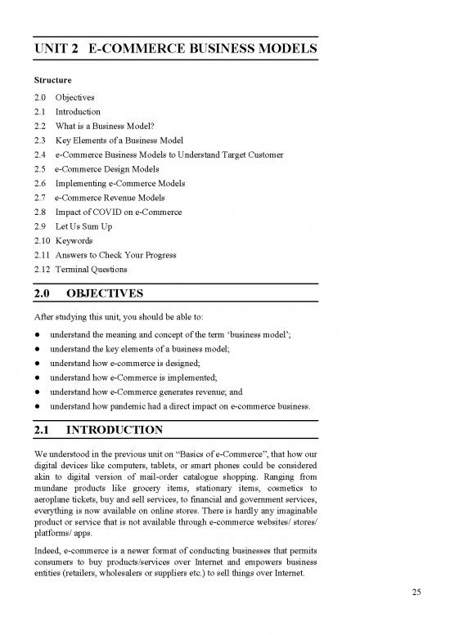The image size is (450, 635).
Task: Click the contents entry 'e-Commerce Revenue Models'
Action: click(112, 197)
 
